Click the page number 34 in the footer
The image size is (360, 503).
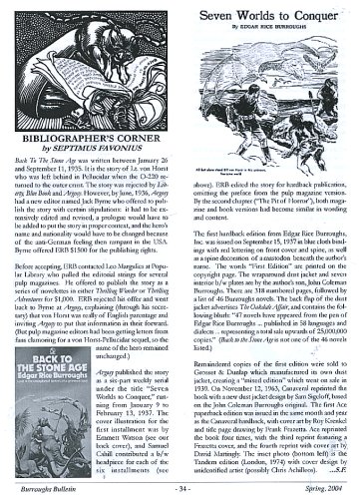pyautogui.click(x=179, y=489)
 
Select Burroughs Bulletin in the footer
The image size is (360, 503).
pyautogui.click(x=47, y=489)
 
